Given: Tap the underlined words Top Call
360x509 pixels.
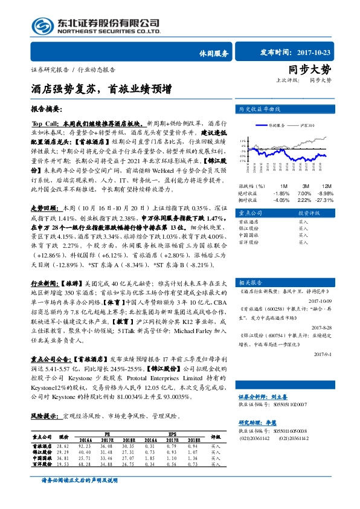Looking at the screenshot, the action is pyautogui.click(x=44, y=122).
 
